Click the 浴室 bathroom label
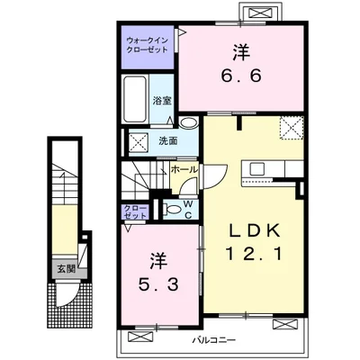pyautogui.click(x=162, y=101)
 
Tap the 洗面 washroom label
pyautogui.click(x=168, y=140)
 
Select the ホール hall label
pyautogui.click(x=184, y=169)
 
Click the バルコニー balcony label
pyautogui.click(x=214, y=340)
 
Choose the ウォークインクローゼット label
pyautogui.click(x=147, y=45)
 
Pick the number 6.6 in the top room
pyautogui.click(x=241, y=76)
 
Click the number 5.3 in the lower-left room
pyautogui.click(x=158, y=284)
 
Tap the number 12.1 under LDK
pyautogui.click(x=254, y=255)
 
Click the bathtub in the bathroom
pyautogui.click(x=136, y=99)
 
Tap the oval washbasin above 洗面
pyautogui.click(x=188, y=122)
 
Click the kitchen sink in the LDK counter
pyautogui.click(x=257, y=169)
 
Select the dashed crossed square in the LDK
pyautogui.click(x=292, y=128)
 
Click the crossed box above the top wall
pyautogui.click(x=259, y=13)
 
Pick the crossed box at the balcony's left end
pyautogui.click(x=139, y=337)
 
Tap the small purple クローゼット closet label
pyautogui.click(x=136, y=211)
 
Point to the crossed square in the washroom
pyautogui.click(x=139, y=141)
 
